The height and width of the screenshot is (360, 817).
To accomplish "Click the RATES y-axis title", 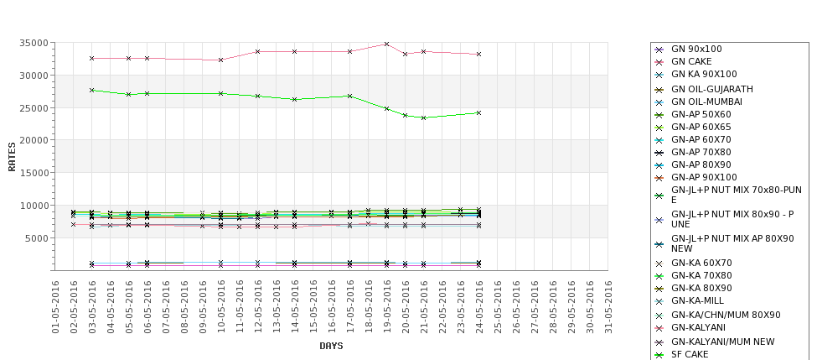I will click(12, 156).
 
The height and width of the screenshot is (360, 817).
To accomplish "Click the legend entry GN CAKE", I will click(691, 62).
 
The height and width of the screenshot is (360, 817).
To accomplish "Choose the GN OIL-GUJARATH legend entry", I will click(712, 89).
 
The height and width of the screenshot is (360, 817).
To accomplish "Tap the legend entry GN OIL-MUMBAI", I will click(706, 102).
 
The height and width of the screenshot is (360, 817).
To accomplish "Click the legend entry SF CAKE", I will click(690, 354).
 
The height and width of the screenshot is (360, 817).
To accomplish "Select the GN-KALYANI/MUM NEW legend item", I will click(722, 342).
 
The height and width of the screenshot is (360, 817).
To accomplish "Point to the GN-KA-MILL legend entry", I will click(697, 300).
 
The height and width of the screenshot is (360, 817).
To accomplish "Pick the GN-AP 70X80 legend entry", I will click(701, 153).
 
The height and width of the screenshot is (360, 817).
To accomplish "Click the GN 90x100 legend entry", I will click(696, 50).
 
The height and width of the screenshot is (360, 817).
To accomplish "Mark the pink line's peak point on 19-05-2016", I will click(386, 44).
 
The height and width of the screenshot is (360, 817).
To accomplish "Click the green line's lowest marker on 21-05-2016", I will click(423, 117).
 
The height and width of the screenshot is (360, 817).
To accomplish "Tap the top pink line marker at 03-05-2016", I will click(91, 58).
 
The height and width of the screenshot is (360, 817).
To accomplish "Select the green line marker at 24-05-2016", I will click(478, 112).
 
